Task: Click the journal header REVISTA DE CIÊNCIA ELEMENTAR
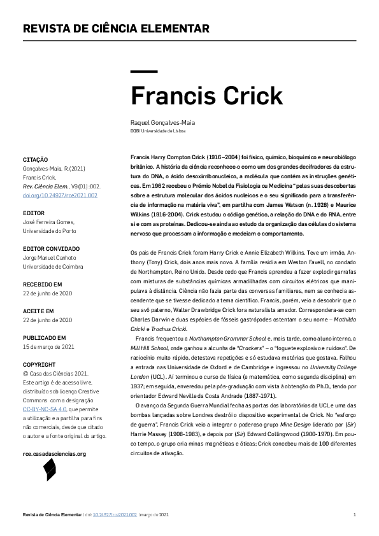[116, 29]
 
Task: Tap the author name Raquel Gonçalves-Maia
[162, 122]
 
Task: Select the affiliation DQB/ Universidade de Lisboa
[158, 130]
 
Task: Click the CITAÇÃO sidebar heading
[35, 159]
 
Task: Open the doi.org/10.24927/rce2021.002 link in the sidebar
[60, 195]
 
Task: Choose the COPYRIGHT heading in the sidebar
[39, 365]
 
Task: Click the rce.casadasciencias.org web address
[54, 436]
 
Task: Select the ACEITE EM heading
[38, 311]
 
